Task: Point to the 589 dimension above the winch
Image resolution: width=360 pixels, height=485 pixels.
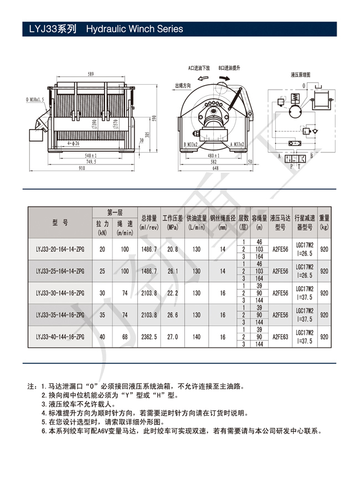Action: pos(90,74)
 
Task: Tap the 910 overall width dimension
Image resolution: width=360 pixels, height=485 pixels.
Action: pos(81,168)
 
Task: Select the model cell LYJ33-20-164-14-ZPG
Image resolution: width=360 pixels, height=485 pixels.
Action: pos(60,249)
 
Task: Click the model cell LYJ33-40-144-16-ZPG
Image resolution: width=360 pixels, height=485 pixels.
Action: pos(60,336)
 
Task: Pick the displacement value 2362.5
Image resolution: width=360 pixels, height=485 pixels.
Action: pos(149,336)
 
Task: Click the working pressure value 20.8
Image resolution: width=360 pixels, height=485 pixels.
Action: pos(172,249)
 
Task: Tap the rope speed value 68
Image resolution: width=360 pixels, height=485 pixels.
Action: pos(125,336)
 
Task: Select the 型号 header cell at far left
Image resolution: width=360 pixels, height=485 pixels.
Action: pos(60,222)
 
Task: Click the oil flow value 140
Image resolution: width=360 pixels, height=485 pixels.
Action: pos(197,336)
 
